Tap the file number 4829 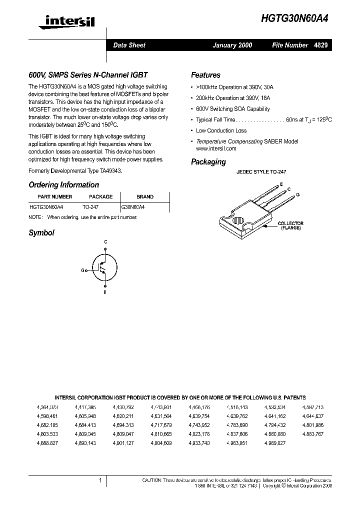point(320,45)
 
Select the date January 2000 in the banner point(232,45)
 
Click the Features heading point(205,75)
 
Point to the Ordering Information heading point(63,184)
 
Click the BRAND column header point(145,196)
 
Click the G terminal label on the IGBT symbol point(83,270)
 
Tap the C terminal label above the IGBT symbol point(105,242)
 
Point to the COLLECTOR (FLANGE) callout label point(290,225)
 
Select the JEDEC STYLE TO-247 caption point(261,171)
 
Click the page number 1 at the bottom point(100,480)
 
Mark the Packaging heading point(208,162)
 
